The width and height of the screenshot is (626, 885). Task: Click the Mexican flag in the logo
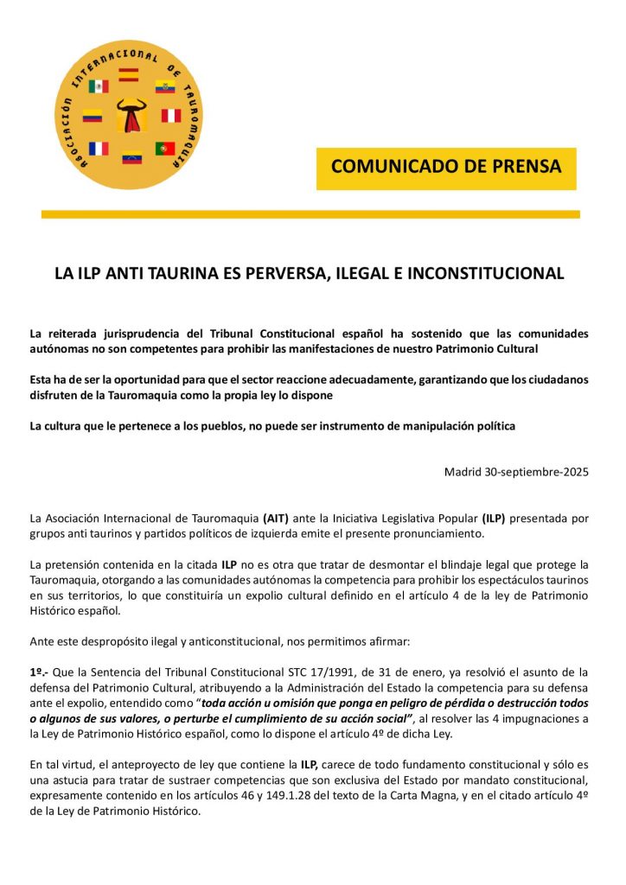click(99, 86)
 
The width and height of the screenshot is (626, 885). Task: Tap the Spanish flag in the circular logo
click(129, 74)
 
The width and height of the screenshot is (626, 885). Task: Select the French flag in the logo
click(99, 148)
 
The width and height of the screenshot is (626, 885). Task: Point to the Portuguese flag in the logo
click(165, 148)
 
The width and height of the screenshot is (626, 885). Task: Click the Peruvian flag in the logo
click(171, 116)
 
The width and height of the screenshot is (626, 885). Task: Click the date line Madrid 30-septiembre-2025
click(516, 472)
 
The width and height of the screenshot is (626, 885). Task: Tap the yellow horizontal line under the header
click(310, 214)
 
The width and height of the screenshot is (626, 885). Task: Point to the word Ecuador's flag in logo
click(165, 86)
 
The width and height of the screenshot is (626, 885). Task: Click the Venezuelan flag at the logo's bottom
click(132, 160)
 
